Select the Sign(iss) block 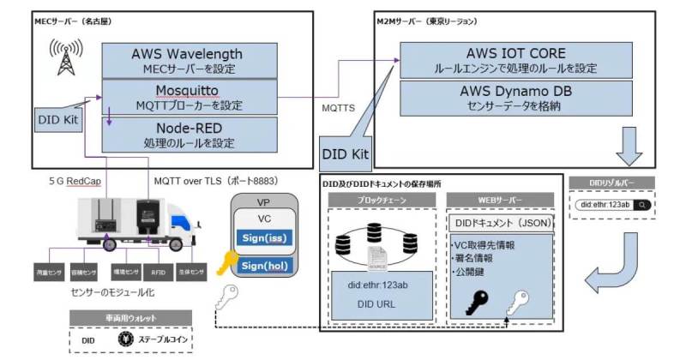pos(267,238)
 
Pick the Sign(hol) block pos(267,267)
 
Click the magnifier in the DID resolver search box pos(642,205)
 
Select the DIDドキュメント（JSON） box pos(501,223)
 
